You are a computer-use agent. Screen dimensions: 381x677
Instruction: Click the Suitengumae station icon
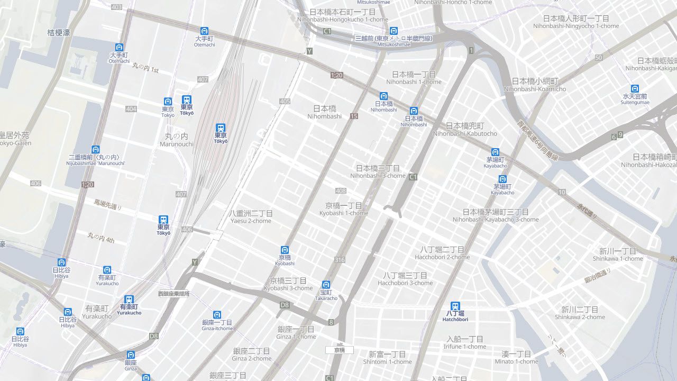tap(635, 88)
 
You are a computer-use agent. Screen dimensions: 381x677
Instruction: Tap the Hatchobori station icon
tap(455, 306)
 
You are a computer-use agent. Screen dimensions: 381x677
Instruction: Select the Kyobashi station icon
tap(285, 250)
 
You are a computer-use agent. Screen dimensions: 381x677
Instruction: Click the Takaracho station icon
tap(326, 285)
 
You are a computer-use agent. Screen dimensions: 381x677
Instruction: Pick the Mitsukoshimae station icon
tap(394, 31)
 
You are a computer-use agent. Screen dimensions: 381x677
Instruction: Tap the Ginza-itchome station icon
tap(217, 315)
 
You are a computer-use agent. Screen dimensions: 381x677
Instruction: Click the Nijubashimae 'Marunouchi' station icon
tap(95, 150)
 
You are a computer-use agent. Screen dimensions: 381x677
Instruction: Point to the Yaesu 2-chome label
tap(251, 217)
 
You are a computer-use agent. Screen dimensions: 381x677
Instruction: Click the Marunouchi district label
tap(176, 140)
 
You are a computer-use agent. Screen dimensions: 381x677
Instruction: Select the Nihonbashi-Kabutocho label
tap(464, 130)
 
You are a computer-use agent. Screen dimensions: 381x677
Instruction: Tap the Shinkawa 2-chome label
tap(580, 313)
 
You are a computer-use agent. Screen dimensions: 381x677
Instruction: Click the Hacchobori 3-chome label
tap(405, 279)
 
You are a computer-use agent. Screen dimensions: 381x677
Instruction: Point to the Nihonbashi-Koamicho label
tap(535, 85)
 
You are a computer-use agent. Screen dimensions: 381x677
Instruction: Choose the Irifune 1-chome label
tap(465, 342)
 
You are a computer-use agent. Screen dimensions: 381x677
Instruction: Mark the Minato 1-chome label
tap(516, 358)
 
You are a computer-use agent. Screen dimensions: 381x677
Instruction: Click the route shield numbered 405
tap(285, 101)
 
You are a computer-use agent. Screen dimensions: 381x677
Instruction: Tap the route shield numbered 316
tap(340, 260)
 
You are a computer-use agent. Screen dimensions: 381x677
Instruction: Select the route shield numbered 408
tap(341, 190)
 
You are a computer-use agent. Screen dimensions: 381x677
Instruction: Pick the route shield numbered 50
tap(599, 58)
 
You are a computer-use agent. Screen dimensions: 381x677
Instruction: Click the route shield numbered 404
tap(131, 109)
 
